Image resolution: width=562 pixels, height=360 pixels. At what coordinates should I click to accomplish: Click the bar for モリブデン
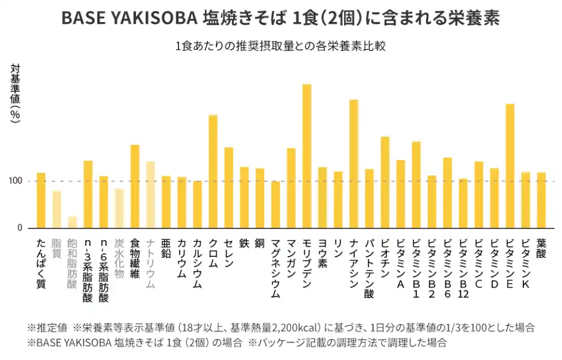click(307, 156)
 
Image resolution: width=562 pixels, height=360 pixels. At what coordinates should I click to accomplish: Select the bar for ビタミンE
click(510, 166)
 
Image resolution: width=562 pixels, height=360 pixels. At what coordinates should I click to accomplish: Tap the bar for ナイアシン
click(354, 164)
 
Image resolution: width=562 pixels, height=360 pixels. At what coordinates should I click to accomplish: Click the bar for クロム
click(213, 171)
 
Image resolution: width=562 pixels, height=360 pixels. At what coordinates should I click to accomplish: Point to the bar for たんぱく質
click(41, 200)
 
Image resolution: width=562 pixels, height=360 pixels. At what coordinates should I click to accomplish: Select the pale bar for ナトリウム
click(150, 194)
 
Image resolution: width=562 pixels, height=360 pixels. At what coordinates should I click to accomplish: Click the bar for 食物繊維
click(135, 186)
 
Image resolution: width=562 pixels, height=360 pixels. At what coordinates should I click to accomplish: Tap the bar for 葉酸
click(541, 200)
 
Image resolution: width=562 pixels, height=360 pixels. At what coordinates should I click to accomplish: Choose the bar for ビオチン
click(385, 182)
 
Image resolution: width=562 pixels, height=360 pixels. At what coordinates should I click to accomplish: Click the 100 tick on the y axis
click(16, 181)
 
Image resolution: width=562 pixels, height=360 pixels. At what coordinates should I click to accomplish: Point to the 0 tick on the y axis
click(19, 227)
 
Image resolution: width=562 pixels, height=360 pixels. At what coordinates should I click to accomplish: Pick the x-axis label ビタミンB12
click(463, 268)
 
